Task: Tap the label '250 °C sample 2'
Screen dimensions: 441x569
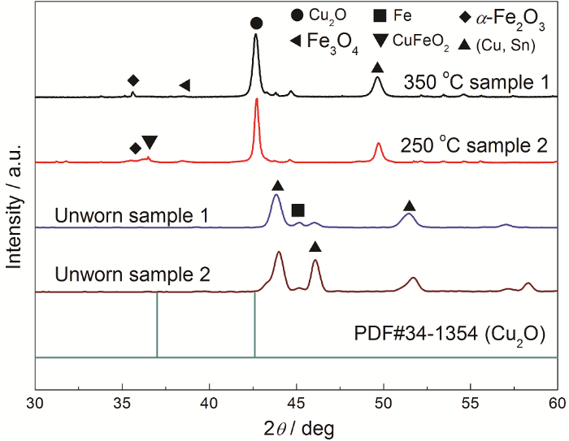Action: [x=475, y=147]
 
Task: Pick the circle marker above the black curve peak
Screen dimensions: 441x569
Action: [x=256, y=24]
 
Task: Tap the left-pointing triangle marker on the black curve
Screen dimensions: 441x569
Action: [x=185, y=85]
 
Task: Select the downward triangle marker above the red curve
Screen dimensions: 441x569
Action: [x=150, y=143]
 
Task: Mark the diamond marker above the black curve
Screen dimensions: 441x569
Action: [x=133, y=80]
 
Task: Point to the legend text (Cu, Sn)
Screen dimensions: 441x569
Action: [x=509, y=45]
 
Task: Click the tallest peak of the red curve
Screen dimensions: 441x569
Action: [x=257, y=100]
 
